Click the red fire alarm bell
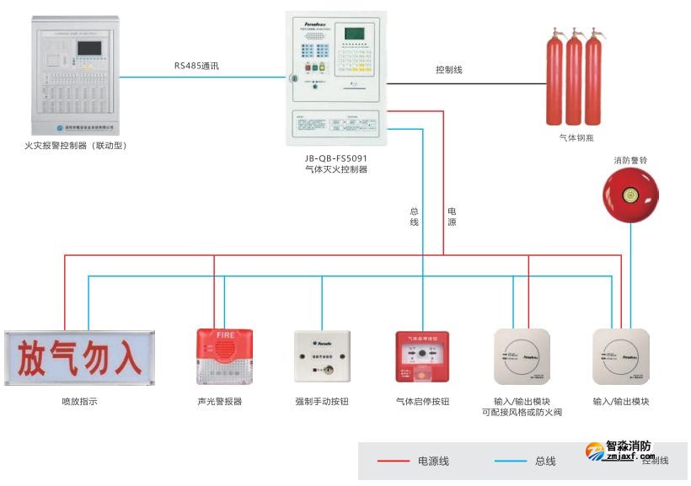tap(630, 195)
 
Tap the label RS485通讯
tap(196, 65)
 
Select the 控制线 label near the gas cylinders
tap(448, 70)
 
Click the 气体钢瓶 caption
tap(576, 137)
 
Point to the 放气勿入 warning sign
tap(79, 358)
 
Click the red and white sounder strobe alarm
tap(224, 357)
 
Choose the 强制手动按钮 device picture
tap(322, 357)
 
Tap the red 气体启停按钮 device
tap(422, 357)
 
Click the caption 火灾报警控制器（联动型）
tap(76, 146)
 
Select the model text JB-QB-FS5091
tap(336, 158)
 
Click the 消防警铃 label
tap(630, 160)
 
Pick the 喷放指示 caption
tap(79, 402)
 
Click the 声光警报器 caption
tap(220, 402)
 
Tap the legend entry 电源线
tap(433, 461)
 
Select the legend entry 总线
tap(545, 461)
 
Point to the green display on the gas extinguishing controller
tap(354, 34)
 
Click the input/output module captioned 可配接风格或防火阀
tap(522, 357)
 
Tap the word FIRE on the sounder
tap(225, 334)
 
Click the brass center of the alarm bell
tap(629, 195)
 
